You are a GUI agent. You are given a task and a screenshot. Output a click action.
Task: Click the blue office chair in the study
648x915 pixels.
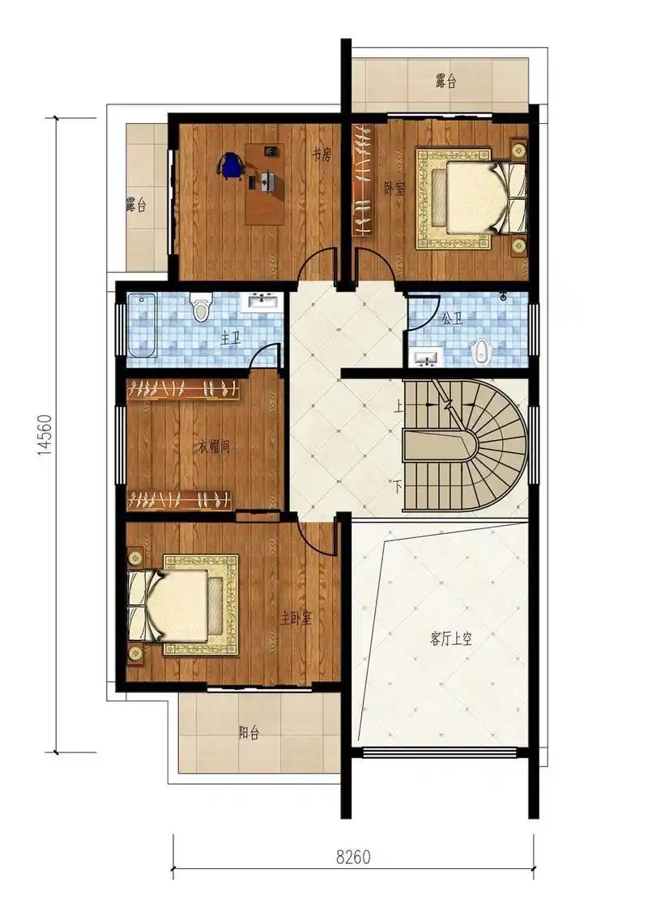(x=231, y=164)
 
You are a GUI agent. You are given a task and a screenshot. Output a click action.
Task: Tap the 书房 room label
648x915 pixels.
(x=321, y=155)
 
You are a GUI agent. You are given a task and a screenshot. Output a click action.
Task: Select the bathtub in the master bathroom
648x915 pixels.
(x=142, y=325)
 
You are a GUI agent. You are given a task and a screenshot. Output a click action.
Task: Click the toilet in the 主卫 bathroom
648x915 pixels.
(x=201, y=307)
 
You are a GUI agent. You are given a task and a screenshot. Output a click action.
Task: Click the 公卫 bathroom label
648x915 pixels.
(x=452, y=319)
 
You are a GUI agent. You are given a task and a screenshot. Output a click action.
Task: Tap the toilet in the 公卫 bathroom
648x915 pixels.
(x=480, y=351)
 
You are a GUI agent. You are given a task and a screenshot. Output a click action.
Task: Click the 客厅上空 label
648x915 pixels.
(x=450, y=639)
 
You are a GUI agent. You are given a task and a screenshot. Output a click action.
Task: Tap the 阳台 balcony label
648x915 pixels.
(x=249, y=733)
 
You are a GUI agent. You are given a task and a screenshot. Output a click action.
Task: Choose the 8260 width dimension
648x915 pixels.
(x=353, y=858)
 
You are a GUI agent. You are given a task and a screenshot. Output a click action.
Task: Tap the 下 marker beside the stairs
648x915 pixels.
(x=398, y=485)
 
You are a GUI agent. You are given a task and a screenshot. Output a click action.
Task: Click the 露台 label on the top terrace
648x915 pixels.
(x=446, y=81)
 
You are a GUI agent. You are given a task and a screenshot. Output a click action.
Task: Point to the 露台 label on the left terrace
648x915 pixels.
(x=135, y=205)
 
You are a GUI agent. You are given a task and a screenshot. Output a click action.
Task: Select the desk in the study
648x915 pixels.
(x=265, y=184)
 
